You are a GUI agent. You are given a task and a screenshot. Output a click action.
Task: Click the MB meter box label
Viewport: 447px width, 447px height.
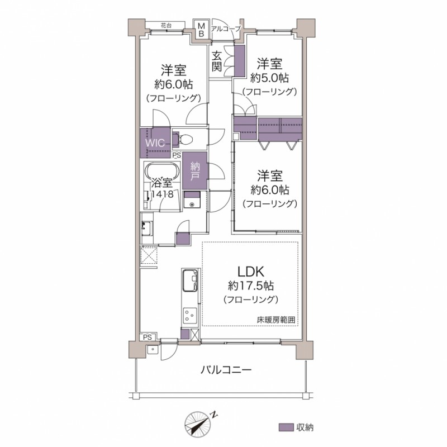click(x=201, y=30)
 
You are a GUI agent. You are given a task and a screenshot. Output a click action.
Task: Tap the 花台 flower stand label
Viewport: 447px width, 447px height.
click(x=166, y=25)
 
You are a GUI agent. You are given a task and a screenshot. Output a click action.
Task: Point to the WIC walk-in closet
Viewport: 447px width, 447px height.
click(x=156, y=142)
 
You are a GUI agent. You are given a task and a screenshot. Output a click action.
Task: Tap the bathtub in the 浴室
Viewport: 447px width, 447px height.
click(x=162, y=171)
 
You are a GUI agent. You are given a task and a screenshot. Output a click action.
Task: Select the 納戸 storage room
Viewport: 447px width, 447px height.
click(x=195, y=170)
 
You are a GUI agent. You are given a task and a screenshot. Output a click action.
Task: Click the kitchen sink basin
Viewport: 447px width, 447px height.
click(x=190, y=280)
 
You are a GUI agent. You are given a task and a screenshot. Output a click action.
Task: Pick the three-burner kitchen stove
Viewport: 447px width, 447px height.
click(x=190, y=316)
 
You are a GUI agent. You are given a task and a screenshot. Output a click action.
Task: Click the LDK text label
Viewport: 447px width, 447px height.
click(x=251, y=272)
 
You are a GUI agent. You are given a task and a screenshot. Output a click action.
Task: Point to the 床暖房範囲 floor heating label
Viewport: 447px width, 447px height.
click(x=276, y=320)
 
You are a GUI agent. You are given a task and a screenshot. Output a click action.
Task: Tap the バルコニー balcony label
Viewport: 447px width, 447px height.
click(x=226, y=370)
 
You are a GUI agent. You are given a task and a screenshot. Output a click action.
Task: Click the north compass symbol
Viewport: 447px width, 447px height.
click(x=198, y=424)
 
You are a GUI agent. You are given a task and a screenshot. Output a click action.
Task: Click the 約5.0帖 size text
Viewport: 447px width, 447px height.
click(x=269, y=78)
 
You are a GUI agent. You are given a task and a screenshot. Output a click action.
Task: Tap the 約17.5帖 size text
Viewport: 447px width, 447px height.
click(x=251, y=286)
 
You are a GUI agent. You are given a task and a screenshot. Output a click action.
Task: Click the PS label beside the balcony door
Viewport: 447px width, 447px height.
click(x=148, y=337)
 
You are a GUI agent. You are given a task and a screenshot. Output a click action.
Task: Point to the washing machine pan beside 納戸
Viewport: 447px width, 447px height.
click(x=192, y=199)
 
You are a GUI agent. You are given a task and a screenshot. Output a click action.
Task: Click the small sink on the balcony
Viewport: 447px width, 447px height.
click(x=153, y=350)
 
